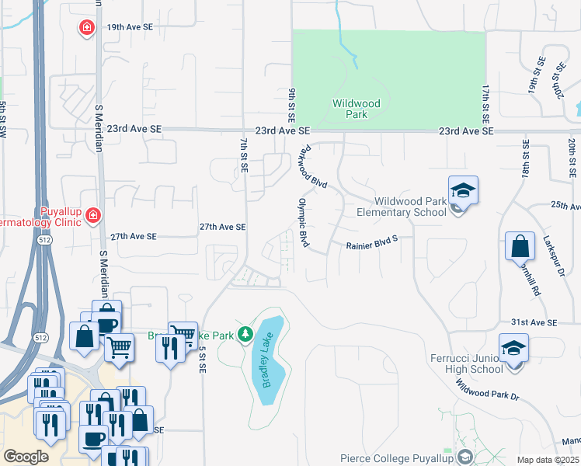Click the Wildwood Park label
pyautogui.click(x=356, y=108)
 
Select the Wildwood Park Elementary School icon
pyautogui.click(x=463, y=190)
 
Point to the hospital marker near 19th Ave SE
pyautogui.click(x=87, y=28)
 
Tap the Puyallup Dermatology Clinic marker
pyautogui.click(x=93, y=214)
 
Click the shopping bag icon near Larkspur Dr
pyautogui.click(x=520, y=247)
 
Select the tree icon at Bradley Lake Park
pyautogui.click(x=245, y=334)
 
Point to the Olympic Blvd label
pyautogui.click(x=304, y=223)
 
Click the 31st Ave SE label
pyautogui.click(x=534, y=322)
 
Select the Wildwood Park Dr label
pyautogui.click(x=487, y=386)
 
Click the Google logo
pyautogui.click(x=26, y=457)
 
